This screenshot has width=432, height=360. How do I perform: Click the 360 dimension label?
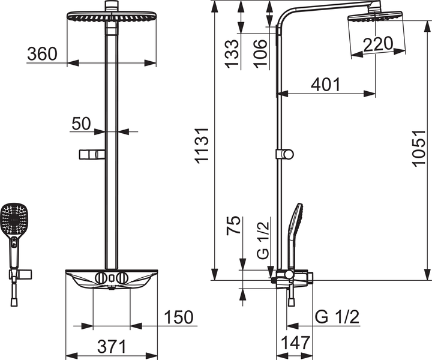tap(42, 54)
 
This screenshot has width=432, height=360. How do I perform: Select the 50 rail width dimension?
tap(81, 124)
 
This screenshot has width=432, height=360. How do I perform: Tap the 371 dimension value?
tap(112, 346)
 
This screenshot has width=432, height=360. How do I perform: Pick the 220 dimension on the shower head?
tap(377, 44)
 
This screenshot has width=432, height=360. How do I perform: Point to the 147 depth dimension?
tap(294, 344)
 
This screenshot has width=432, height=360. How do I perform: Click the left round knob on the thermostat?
tap(101, 278)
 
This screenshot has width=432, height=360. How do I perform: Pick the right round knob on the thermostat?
tap(123, 278)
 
